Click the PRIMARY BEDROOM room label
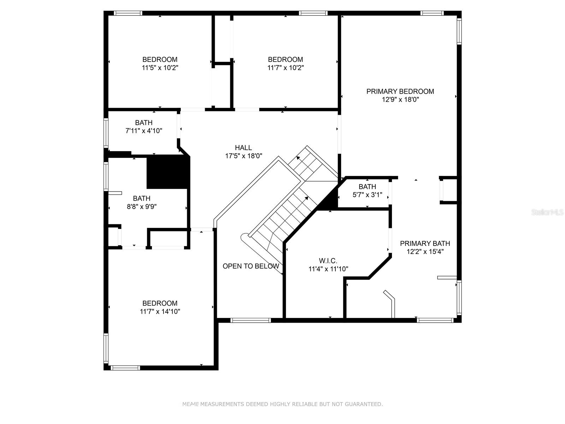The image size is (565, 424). pos(400,92)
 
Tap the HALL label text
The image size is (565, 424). pos(243,148)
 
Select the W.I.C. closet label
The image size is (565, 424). pos(328,261)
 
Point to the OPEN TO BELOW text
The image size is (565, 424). pos(251,266)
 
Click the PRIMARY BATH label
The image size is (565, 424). pos(425,243)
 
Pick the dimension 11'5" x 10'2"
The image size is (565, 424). pos(160,68)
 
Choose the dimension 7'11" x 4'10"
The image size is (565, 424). pos(144,131)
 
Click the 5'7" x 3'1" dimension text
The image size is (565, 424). pos(367,195)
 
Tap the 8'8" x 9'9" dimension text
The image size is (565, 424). pos(142,207)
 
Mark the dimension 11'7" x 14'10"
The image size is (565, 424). pos(160,312)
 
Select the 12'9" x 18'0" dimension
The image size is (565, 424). pos(400,100)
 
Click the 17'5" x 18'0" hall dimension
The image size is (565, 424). pos(244,156)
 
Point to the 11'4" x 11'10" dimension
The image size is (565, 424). pos(328,269)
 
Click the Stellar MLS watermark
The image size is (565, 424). pos(547,212)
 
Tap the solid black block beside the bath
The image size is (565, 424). pos(167,172)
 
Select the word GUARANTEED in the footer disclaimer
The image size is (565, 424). pos(363,405)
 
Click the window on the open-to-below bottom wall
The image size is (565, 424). pos(250,320)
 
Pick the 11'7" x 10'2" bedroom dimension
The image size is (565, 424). pos(285,68)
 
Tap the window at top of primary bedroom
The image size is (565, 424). pos(432,13)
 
